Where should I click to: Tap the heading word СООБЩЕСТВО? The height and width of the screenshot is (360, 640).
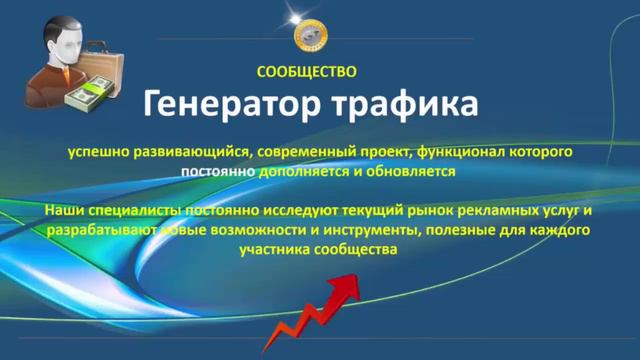coord(306,72)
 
